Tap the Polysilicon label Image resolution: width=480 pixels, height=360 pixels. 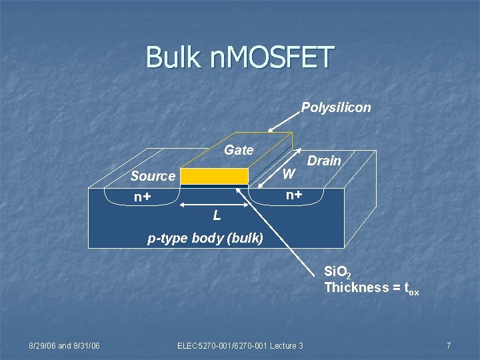(336, 107)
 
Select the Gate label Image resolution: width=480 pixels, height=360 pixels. (239, 150)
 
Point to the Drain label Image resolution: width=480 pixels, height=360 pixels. (324, 161)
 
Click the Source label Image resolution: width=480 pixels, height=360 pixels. (153, 176)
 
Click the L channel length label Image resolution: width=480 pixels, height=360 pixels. (217, 215)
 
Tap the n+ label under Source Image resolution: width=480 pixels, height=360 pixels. (142, 197)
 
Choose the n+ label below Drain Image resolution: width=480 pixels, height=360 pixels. (294, 195)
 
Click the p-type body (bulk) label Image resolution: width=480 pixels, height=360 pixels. (205, 238)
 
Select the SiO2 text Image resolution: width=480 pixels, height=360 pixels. (337, 273)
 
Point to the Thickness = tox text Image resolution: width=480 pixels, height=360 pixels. (371, 288)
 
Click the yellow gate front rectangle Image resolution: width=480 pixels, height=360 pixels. (214, 176)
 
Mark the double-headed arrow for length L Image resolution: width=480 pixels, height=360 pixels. (214, 205)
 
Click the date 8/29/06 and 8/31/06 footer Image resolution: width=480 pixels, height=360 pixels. (64, 345)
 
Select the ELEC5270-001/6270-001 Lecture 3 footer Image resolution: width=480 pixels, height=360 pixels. (240, 345)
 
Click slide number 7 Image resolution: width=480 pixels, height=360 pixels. (449, 345)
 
